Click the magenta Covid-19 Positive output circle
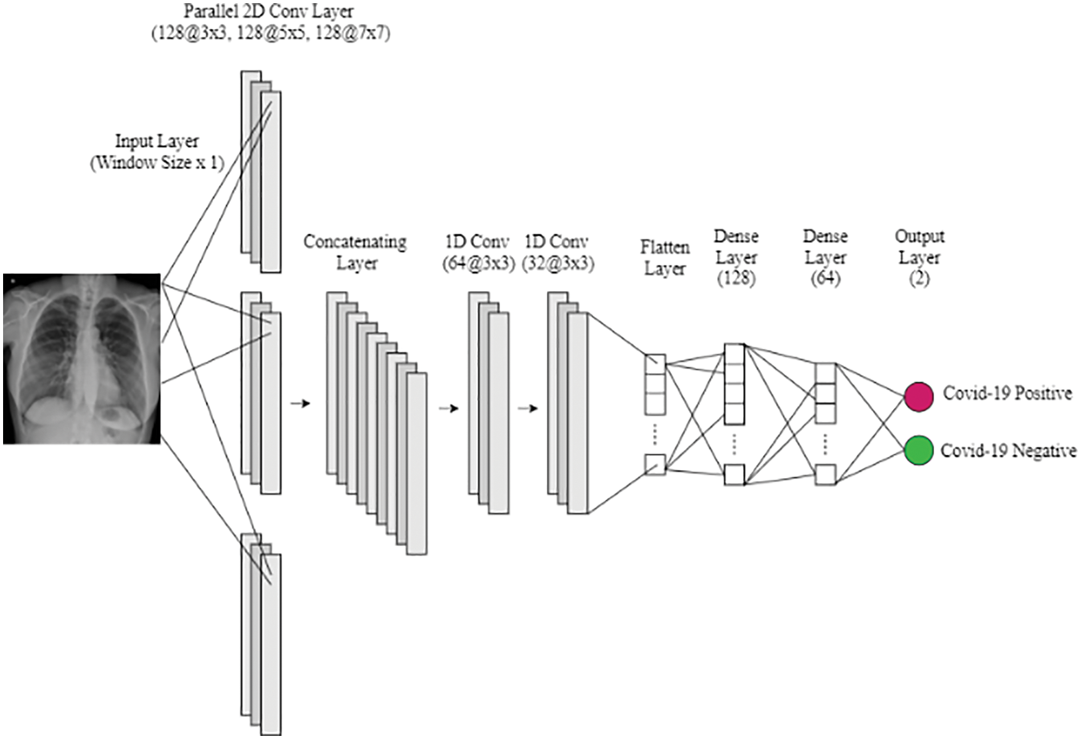pyautogui.click(x=919, y=396)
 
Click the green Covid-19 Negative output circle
pyautogui.click(x=919, y=450)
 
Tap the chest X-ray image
pyautogui.click(x=82, y=359)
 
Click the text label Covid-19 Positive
pyautogui.click(x=1007, y=393)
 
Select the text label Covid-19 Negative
pyautogui.click(x=1008, y=451)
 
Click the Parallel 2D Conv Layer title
pyautogui.click(x=269, y=11)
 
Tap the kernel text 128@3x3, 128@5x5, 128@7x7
pyautogui.click(x=271, y=33)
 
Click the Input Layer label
pyautogui.click(x=157, y=141)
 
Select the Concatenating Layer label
pyautogui.click(x=356, y=252)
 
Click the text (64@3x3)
pyautogui.click(x=479, y=263)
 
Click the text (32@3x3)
pyautogui.click(x=558, y=263)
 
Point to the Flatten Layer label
pyautogui.click(x=665, y=258)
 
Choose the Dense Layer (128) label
pyautogui.click(x=736, y=257)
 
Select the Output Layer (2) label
pyautogui.click(x=919, y=257)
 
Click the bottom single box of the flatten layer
pyautogui.click(x=655, y=464)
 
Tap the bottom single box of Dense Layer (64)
pyautogui.click(x=825, y=474)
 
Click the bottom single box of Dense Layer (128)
pyautogui.click(x=734, y=474)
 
